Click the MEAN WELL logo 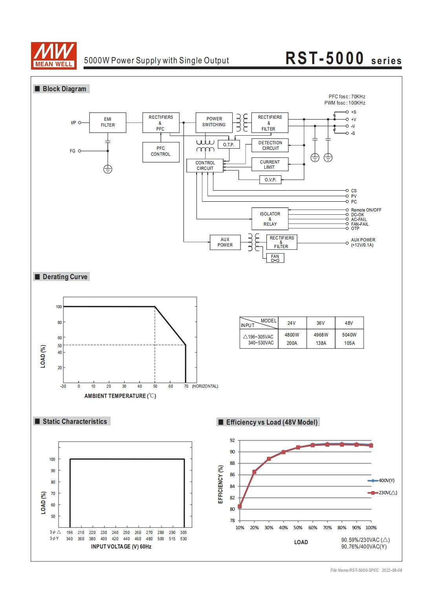click(54, 55)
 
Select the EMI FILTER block click(108, 122)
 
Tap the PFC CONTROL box click(161, 152)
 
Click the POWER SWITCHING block click(214, 122)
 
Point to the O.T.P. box click(229, 145)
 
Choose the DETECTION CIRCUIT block click(270, 145)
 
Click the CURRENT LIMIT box click(270, 164)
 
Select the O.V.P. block click(270, 180)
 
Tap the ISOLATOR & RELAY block click(270, 219)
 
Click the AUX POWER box click(225, 242)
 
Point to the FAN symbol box click(275, 258)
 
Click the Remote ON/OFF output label click(366, 210)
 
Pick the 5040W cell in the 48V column click(349, 335)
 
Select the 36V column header click(321, 323)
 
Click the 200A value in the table click(292, 343)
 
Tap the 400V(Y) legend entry click(386, 480)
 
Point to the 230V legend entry click(387, 493)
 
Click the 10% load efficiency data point click(240, 506)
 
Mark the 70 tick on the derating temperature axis click(186, 386)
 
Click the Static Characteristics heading click(75, 422)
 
